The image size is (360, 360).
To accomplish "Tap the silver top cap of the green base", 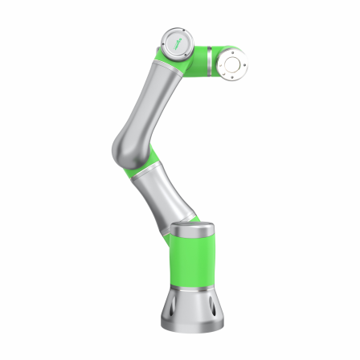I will [193, 230].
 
